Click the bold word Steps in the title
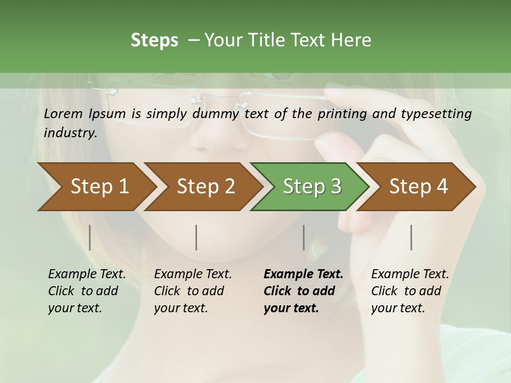click(x=154, y=40)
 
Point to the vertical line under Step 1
click(x=90, y=237)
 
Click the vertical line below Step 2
click(x=196, y=237)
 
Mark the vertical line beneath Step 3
click(x=304, y=237)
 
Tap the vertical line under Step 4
click(x=411, y=237)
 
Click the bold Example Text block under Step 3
click(x=303, y=291)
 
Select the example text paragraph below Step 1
click(x=87, y=291)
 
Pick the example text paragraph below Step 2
click(x=193, y=291)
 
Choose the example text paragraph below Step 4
click(x=410, y=291)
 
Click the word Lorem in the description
click(x=63, y=114)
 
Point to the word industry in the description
click(x=70, y=133)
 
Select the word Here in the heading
click(x=352, y=40)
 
